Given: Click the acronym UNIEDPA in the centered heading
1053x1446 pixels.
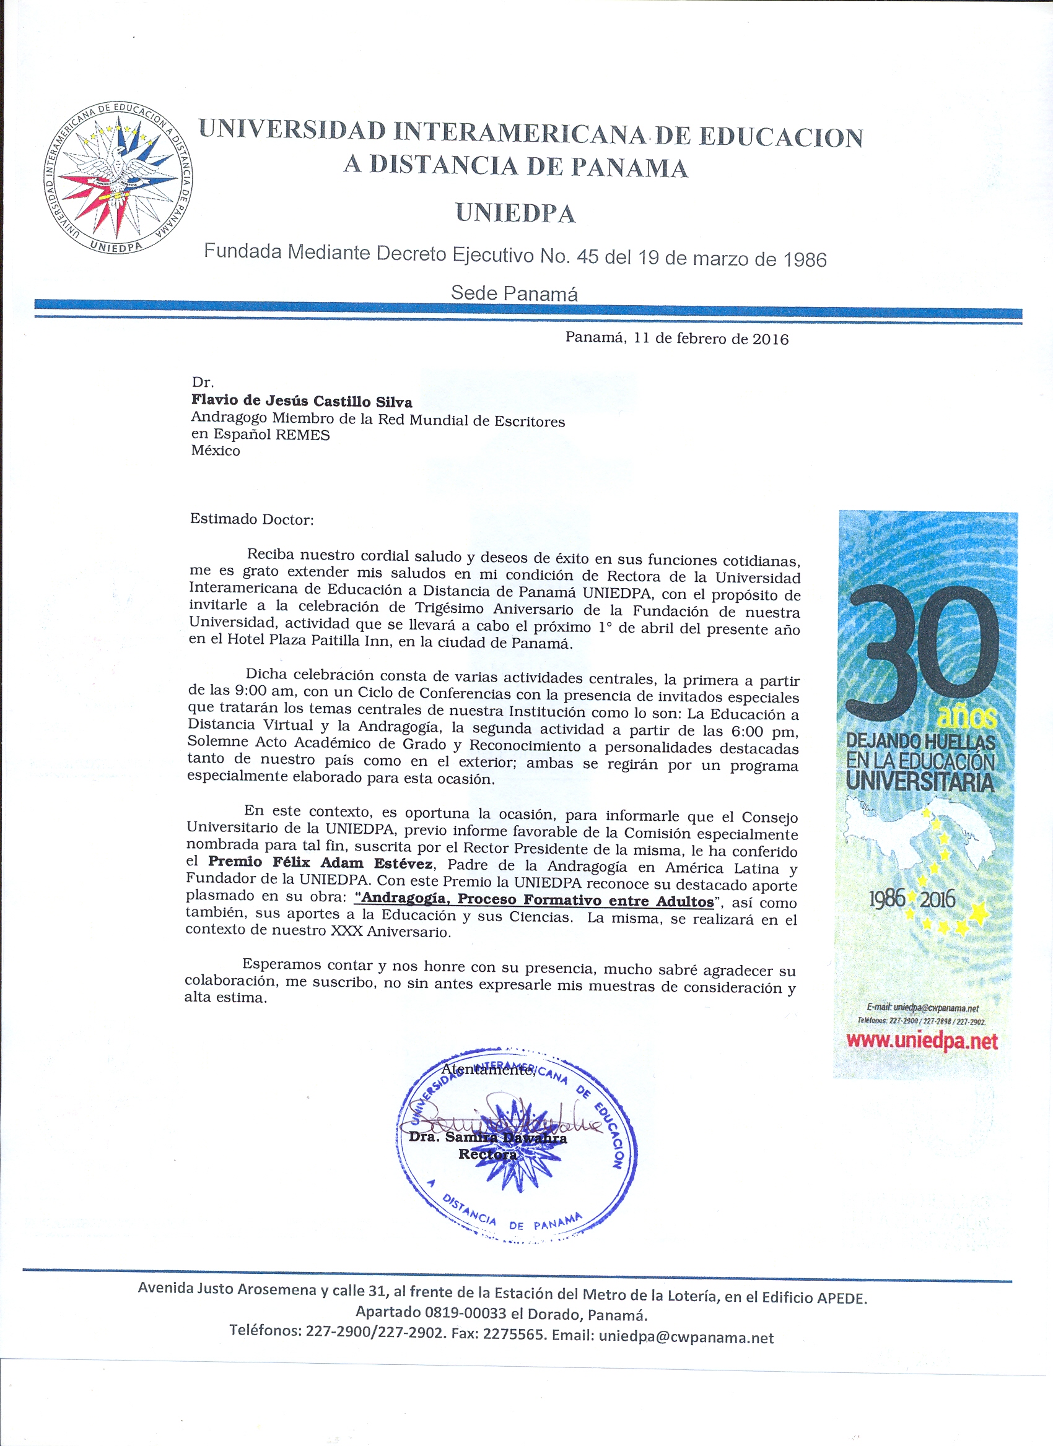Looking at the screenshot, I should pos(515,213).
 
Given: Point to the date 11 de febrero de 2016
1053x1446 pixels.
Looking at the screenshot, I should pos(710,339).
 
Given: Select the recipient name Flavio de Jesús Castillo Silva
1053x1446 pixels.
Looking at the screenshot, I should pos(302,401).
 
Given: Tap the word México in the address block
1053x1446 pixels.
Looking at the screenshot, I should pos(216,451).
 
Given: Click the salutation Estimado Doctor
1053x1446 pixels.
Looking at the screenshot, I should pos(251,519).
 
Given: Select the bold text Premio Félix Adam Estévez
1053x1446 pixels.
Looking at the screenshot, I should pos(321,864).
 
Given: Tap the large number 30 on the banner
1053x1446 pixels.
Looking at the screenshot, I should pos(922,654).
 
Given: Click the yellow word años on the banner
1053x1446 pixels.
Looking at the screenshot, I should pos(966,717).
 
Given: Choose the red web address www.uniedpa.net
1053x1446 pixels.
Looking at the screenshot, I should pos(922,1041).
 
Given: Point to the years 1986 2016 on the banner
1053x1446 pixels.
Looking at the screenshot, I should pos(912,899).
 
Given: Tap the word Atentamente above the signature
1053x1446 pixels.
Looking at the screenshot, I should pos(488,1070).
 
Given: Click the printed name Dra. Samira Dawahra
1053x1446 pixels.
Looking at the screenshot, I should pos(488,1137).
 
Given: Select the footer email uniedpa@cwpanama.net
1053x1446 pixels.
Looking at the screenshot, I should pos(686,1338).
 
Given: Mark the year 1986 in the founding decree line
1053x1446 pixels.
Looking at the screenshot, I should pos(805,260).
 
